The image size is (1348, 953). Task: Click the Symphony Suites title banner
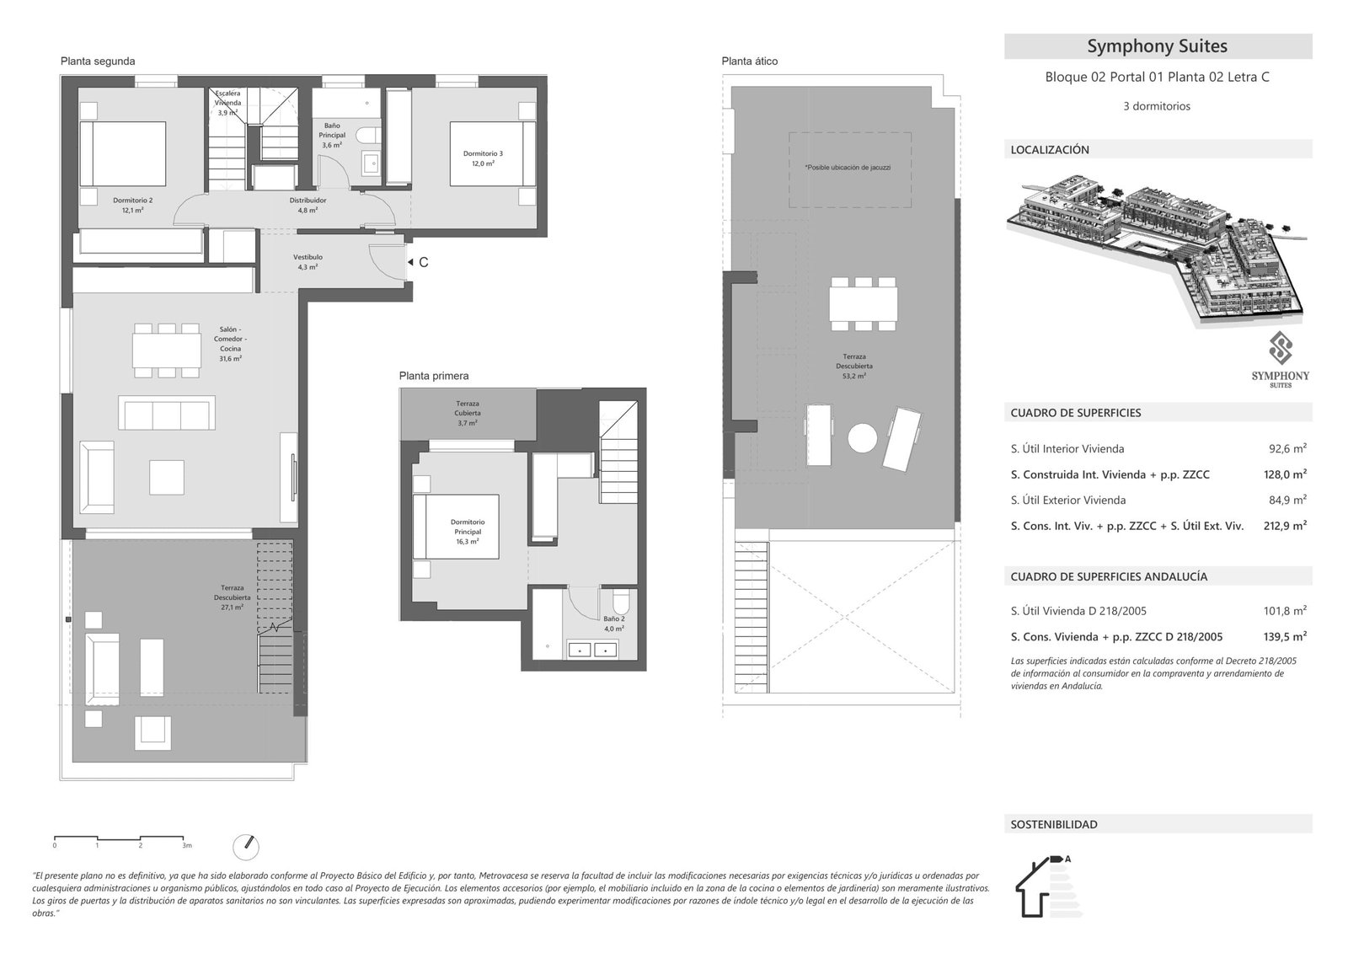coord(1157,46)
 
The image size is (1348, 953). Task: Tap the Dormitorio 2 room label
coord(132,205)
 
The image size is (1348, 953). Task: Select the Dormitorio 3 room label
coord(483,158)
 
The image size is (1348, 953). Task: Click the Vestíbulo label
coord(308,261)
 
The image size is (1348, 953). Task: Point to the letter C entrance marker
coord(423,263)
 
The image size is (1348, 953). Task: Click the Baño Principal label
coord(332,135)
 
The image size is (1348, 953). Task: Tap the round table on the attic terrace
coord(862,438)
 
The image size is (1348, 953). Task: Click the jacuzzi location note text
coord(848,168)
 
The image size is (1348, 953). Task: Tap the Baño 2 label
coord(613,624)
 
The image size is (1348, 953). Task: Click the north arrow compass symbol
coord(246,846)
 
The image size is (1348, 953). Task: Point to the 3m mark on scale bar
coord(187,844)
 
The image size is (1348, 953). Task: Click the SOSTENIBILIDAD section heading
coord(1054,825)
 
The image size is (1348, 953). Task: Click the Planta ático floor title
coord(749,62)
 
